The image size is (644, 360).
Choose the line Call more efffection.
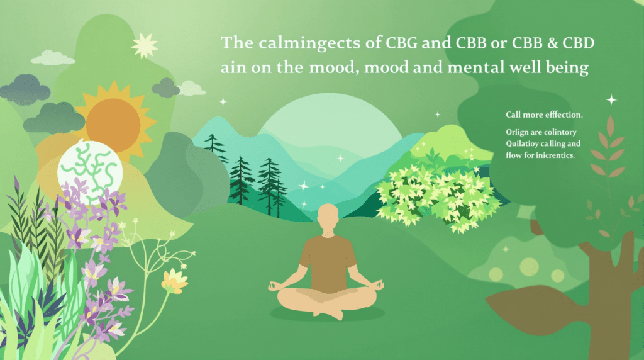(x=543, y=115)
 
